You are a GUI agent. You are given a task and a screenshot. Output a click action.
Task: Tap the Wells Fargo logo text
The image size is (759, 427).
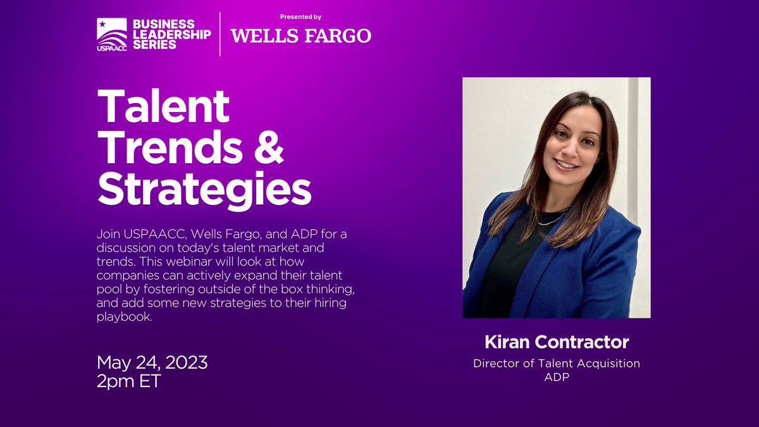click(301, 35)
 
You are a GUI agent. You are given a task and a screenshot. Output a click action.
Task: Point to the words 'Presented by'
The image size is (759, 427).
click(301, 17)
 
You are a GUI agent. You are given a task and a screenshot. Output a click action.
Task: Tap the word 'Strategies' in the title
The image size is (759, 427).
click(204, 189)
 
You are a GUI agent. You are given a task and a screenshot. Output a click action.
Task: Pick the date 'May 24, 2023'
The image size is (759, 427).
click(152, 363)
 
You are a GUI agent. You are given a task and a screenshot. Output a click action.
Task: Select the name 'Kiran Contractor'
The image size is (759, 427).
click(557, 342)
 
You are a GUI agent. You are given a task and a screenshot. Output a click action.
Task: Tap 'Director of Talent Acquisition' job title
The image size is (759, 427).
click(557, 363)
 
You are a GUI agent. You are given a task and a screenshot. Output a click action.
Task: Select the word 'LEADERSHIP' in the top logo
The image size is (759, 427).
click(171, 34)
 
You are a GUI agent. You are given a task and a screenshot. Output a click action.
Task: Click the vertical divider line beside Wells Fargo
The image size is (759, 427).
click(220, 34)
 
